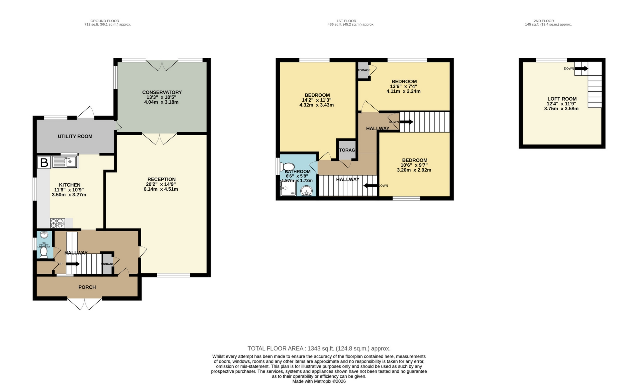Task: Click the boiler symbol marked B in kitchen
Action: click(44, 163)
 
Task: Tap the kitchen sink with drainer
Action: click(65, 162)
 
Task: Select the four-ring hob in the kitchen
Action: click(57, 223)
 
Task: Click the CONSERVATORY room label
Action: click(162, 92)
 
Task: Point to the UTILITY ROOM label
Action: click(75, 136)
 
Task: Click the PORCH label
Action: click(87, 287)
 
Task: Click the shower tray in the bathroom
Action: click(288, 188)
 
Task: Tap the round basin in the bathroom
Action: click(306, 191)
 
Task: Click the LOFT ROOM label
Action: click(562, 99)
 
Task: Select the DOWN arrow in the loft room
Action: click(581, 69)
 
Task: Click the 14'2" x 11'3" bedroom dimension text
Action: click(316, 100)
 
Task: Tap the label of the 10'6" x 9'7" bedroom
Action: click(414, 160)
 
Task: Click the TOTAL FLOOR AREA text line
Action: click(319, 348)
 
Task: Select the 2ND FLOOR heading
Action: click(544, 21)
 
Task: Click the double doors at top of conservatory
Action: click(162, 65)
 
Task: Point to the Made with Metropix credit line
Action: click(319, 381)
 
